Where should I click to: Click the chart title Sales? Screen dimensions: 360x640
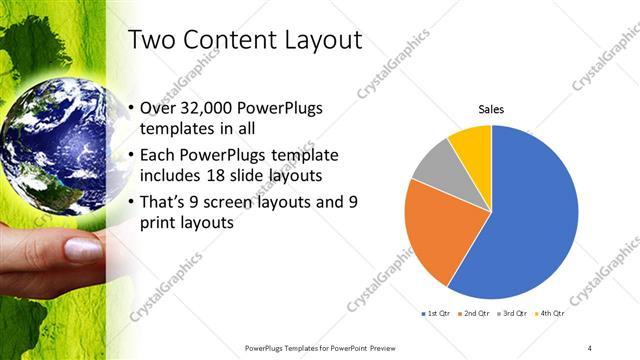[491, 109]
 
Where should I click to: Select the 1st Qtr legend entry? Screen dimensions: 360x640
[436, 314]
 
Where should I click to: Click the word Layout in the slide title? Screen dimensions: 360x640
[317, 40]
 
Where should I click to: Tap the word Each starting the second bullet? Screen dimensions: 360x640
[161, 155]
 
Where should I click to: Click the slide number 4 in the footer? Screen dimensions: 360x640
[590, 347]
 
